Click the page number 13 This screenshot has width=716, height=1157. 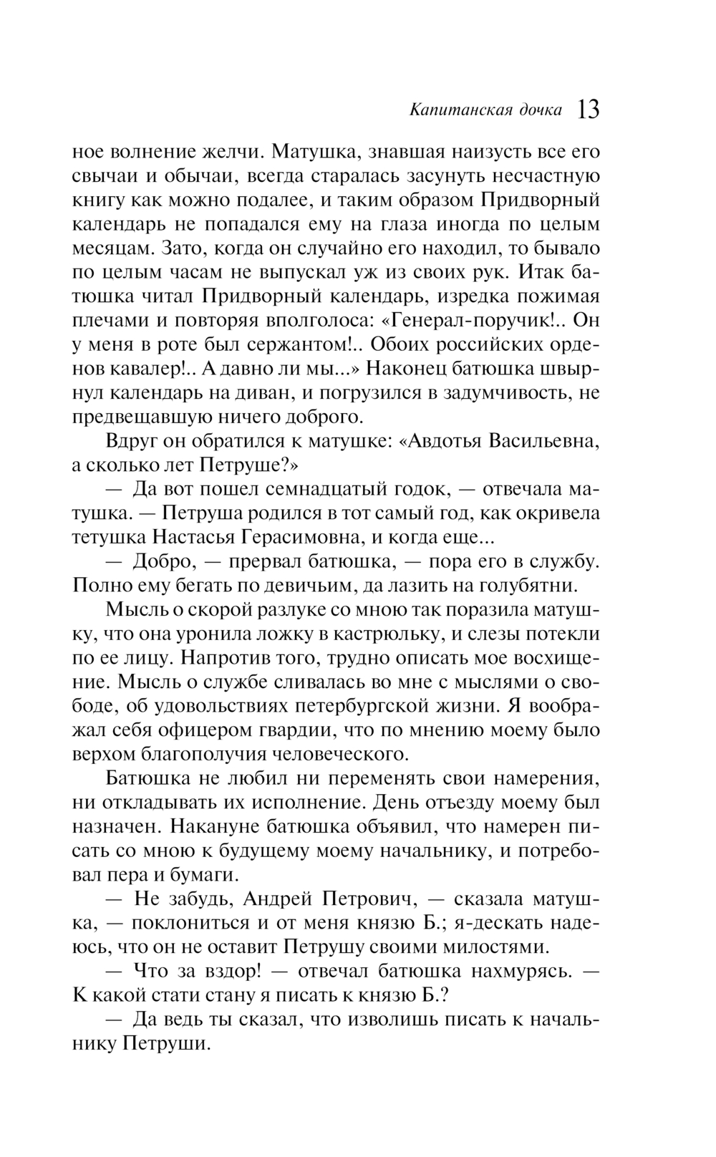coord(588,110)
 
